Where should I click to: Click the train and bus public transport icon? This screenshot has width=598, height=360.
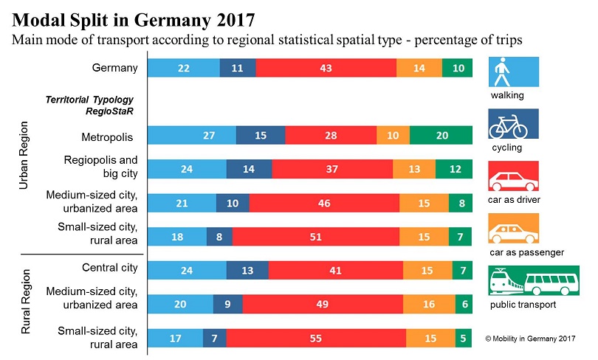coord(523,283)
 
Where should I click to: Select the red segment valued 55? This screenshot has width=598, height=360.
coord(316,338)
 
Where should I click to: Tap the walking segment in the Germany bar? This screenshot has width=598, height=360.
coord(184,68)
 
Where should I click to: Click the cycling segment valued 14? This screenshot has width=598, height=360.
coord(249,169)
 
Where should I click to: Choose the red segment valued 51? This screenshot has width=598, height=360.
coord(316,236)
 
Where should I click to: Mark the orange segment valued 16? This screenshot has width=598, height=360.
coord(429,304)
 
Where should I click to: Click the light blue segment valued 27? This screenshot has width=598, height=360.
coord(192,136)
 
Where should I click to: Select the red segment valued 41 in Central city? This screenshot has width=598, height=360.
coord(336,270)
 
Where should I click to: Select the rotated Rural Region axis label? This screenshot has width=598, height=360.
coord(23,302)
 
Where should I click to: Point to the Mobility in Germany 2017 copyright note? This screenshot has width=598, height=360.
coord(529,338)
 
